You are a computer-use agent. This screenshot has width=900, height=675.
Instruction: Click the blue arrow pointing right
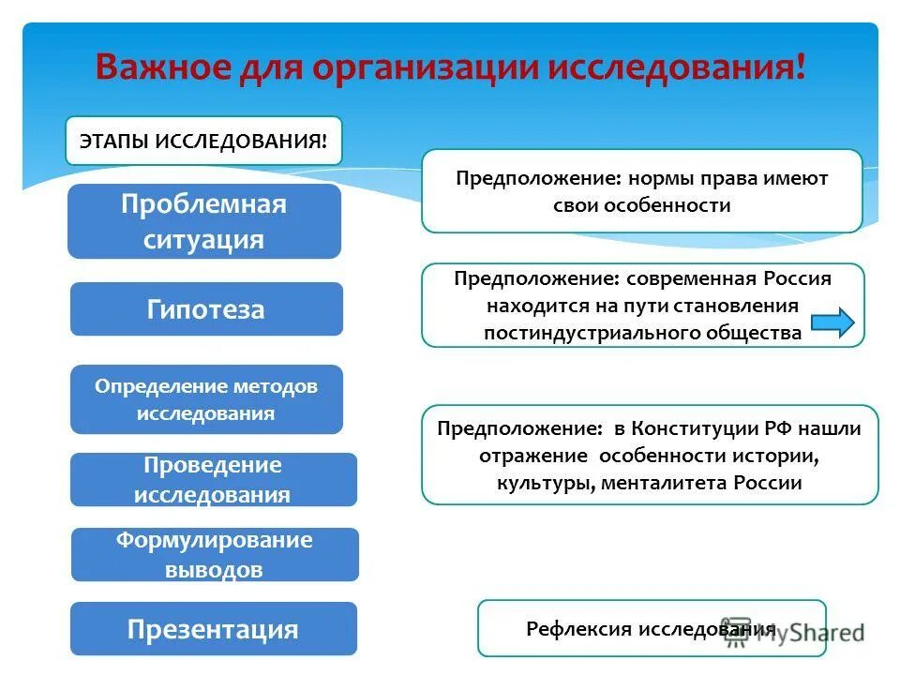point(832,323)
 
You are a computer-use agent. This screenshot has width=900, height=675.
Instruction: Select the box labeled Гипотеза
point(206,309)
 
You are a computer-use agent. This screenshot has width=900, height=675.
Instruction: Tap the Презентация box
point(214,629)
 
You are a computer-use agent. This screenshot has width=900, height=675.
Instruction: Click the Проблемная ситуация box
point(204,221)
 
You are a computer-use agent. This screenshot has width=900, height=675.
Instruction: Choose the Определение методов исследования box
point(206,399)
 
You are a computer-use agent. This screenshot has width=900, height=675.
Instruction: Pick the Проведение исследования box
point(214,480)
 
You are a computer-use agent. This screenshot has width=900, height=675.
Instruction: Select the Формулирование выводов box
point(215,554)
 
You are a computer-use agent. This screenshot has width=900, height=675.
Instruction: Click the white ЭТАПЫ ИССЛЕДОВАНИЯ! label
point(203,141)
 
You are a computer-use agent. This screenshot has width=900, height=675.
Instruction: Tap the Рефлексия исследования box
point(652,628)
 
